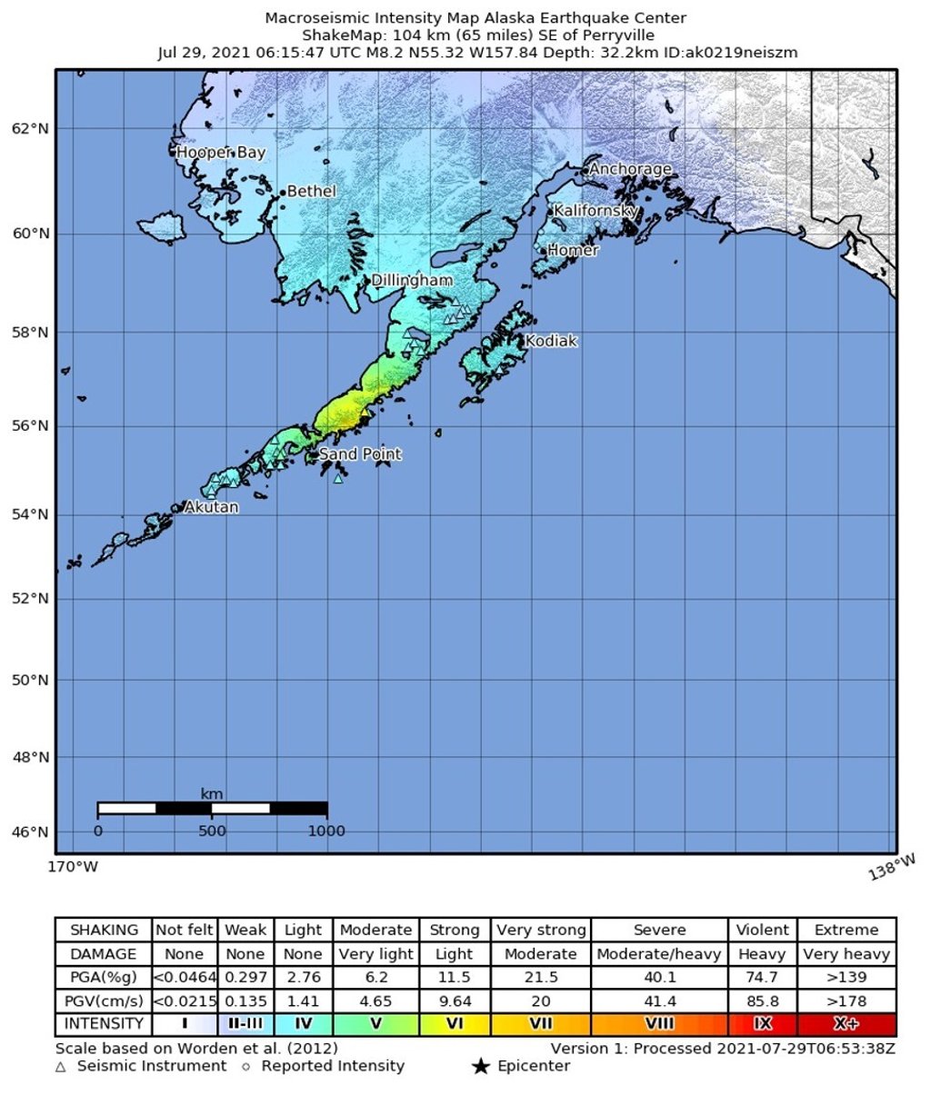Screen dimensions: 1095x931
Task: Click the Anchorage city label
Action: pos(630,169)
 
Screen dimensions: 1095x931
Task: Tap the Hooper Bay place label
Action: pos(221,153)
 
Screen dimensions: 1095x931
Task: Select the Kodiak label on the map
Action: pos(551,342)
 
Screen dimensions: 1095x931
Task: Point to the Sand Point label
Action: pos(360,454)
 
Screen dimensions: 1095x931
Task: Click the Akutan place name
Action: pos(211,507)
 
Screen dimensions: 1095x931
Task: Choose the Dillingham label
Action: pos(412,281)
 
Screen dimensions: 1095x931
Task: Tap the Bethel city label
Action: pos(311,192)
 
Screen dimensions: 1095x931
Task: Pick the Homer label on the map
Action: pos(573,250)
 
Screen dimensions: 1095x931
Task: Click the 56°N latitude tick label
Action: pos(30,425)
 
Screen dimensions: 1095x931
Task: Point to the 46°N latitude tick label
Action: pos(30,831)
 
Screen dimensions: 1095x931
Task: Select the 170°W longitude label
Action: pos(73,867)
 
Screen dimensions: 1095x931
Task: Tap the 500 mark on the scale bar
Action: pos(212,831)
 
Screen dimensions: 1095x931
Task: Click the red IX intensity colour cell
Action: pos(762,1024)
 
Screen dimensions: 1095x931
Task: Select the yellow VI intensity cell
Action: pos(454,1024)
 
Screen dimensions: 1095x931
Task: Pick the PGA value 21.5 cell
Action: pos(540,978)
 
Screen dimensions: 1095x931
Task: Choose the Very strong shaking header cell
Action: pos(540,930)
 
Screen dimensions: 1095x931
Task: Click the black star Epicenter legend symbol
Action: pos(480,1066)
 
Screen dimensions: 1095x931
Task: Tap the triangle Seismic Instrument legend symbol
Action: pos(61,1066)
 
